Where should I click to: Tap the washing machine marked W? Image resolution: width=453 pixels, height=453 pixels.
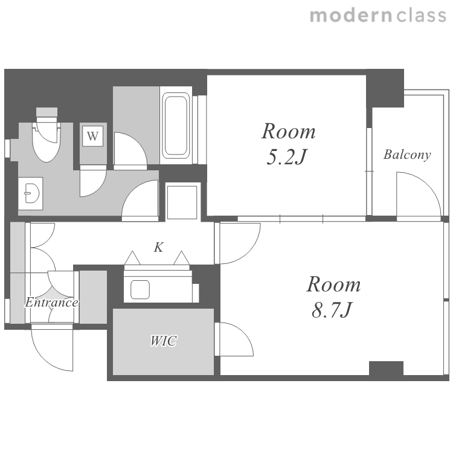click(x=93, y=136)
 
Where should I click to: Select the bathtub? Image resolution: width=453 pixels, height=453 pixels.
click(x=176, y=126)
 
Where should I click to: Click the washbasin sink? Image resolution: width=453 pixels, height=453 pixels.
click(x=31, y=193)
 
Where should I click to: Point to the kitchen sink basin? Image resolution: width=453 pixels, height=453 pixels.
click(x=140, y=289)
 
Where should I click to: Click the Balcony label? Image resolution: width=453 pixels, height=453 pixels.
click(x=407, y=155)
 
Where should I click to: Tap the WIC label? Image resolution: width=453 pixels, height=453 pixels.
click(x=163, y=341)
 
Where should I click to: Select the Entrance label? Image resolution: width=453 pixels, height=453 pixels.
click(x=51, y=302)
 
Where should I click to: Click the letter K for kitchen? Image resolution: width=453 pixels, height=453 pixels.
click(x=159, y=247)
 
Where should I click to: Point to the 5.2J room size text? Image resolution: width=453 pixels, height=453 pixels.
click(x=286, y=157)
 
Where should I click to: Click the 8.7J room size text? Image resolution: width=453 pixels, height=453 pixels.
click(x=332, y=310)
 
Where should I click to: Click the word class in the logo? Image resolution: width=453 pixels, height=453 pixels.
click(x=421, y=15)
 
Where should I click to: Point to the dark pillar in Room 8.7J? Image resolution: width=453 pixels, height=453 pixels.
click(x=387, y=368)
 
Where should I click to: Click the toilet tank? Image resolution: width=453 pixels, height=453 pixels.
click(x=47, y=112)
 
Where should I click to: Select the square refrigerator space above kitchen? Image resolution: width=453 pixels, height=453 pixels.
click(x=182, y=202)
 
